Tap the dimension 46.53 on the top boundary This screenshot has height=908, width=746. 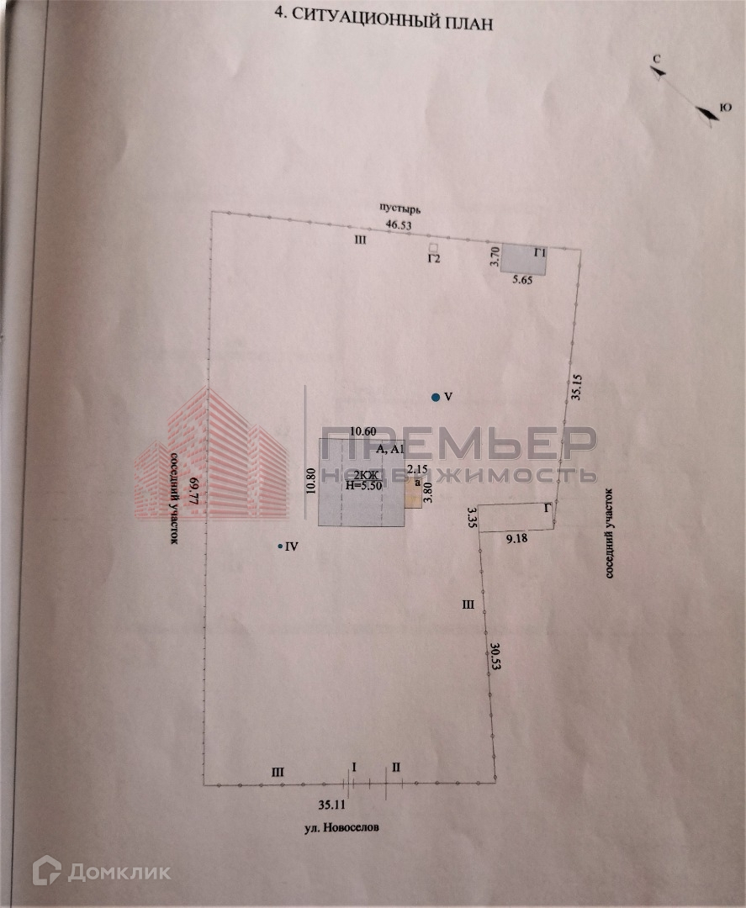click(399, 225)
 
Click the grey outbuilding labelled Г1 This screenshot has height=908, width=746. click(524, 260)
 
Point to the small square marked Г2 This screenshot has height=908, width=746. click(433, 248)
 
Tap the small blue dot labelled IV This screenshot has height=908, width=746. click(281, 546)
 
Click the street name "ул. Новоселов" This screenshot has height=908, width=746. click(341, 827)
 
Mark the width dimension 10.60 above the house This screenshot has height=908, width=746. click(362, 431)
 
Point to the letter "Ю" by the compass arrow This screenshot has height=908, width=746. click(725, 107)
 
